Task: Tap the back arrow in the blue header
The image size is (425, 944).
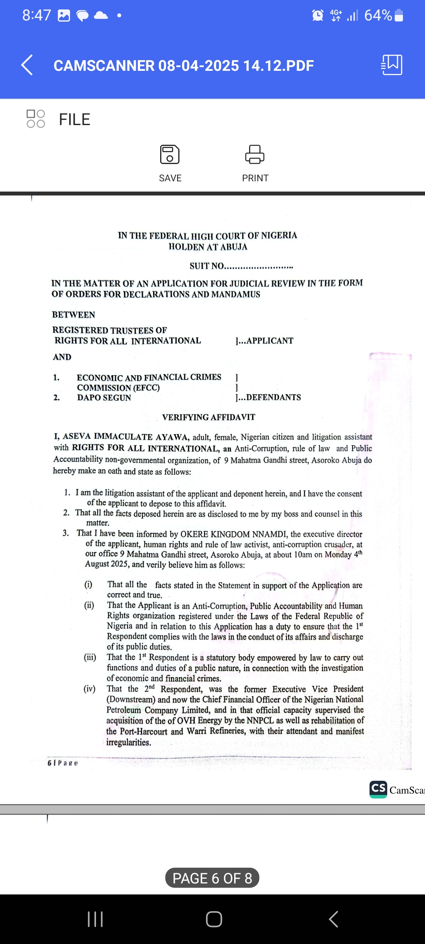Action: [27, 65]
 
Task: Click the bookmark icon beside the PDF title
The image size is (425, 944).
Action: [392, 65]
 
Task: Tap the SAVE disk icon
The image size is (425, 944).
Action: [170, 154]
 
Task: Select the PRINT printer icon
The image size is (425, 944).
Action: [255, 154]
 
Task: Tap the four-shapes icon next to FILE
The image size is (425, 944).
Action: [36, 119]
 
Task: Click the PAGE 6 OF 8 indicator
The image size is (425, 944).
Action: [212, 878]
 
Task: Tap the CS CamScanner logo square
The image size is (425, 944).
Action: [378, 789]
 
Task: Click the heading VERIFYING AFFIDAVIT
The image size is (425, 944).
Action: [209, 417]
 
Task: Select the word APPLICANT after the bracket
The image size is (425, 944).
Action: [270, 341]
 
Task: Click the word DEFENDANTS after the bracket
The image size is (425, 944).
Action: [273, 397]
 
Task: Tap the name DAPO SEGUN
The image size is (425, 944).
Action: [104, 398]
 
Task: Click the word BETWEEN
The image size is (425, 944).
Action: [74, 315]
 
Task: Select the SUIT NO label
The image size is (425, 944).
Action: [207, 266]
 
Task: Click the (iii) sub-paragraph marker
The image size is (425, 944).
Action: [90, 657]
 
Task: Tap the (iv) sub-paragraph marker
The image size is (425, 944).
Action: [89, 689]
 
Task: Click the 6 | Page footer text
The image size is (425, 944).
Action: [63, 763]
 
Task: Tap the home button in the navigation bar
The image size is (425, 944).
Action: [214, 919]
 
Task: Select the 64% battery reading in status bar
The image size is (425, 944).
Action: [378, 16]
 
